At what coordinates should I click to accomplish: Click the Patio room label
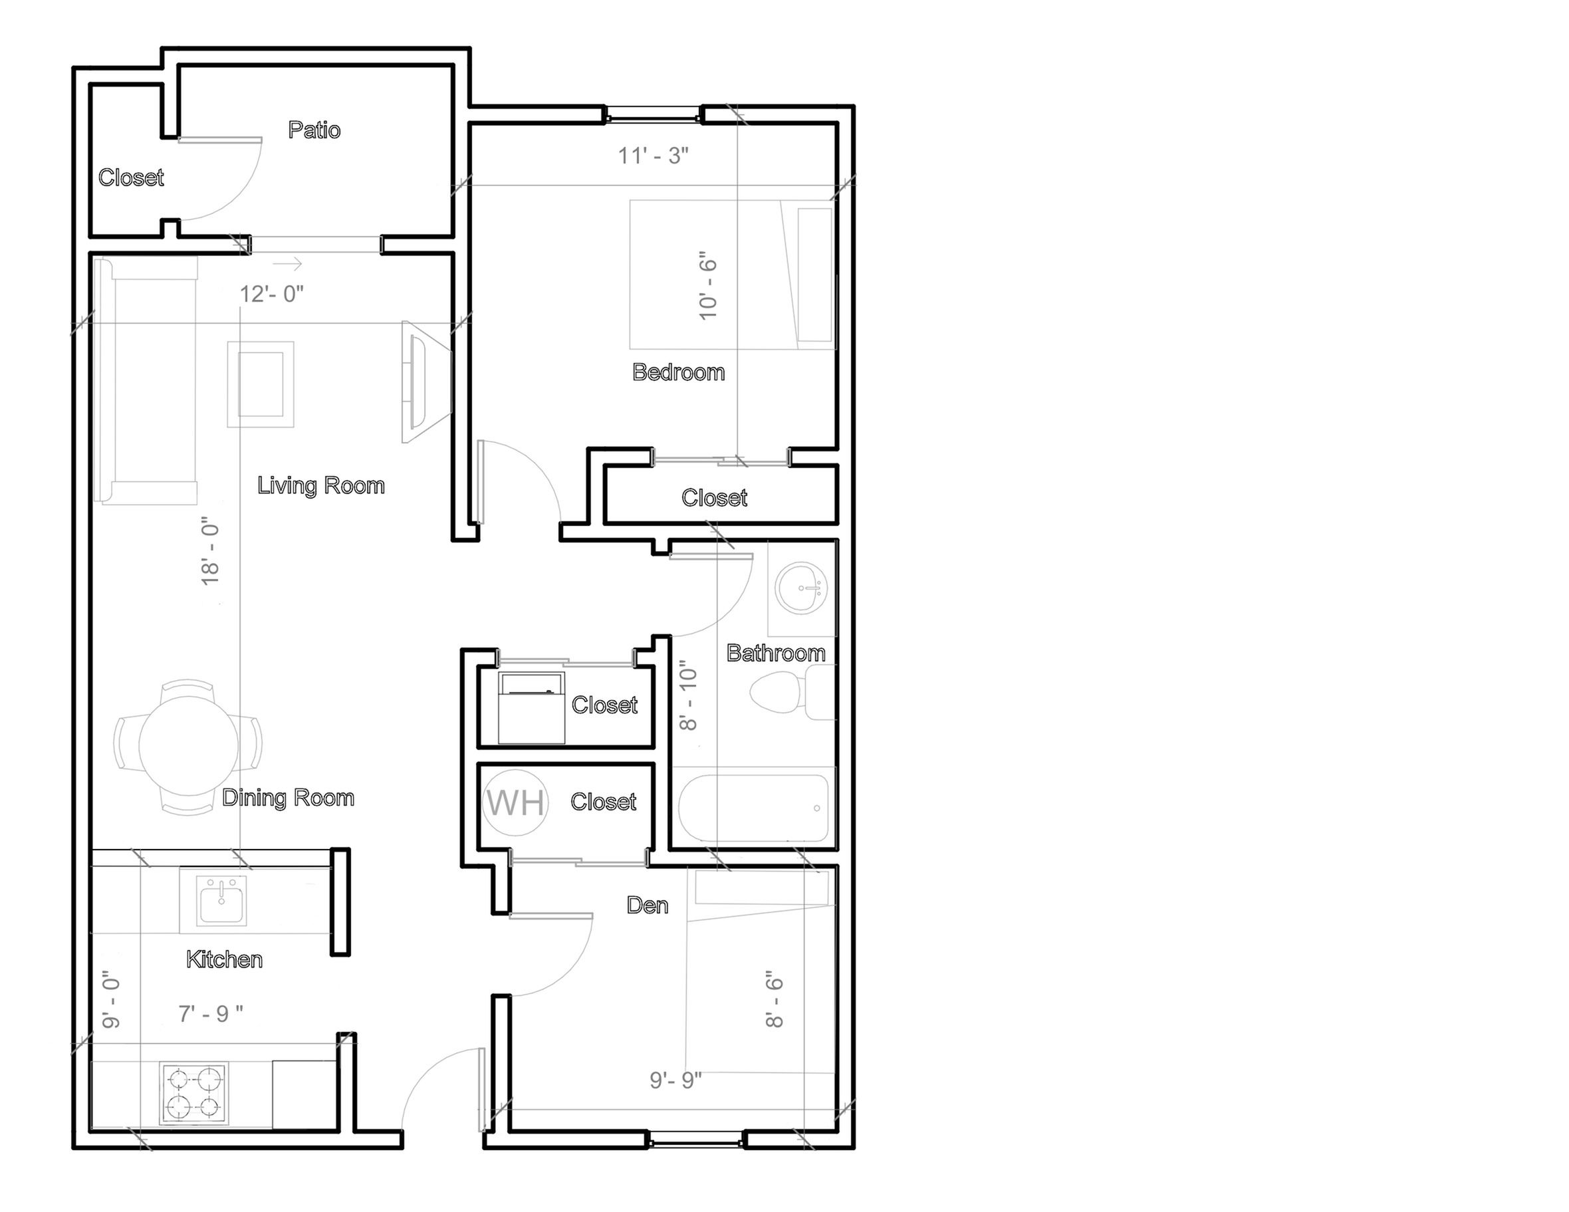pyautogui.click(x=314, y=130)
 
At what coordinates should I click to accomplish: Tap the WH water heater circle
pyautogui.click(x=515, y=802)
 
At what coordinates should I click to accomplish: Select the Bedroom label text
pyautogui.click(x=678, y=372)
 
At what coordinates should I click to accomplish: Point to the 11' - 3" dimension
pyautogui.click(x=654, y=155)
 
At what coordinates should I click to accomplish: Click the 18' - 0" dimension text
pyautogui.click(x=210, y=550)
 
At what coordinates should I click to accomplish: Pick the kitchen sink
pyautogui.click(x=222, y=901)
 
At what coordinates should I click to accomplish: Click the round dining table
pyautogui.click(x=188, y=747)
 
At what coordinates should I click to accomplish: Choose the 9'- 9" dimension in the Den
pyautogui.click(x=675, y=1080)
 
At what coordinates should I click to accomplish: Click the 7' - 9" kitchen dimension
pyautogui.click(x=211, y=1014)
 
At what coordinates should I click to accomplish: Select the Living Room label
pyautogui.click(x=321, y=485)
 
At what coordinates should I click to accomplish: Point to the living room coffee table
pyautogui.click(x=261, y=384)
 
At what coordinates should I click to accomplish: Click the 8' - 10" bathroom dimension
pyautogui.click(x=688, y=696)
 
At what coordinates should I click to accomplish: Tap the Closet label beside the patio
pyautogui.click(x=131, y=178)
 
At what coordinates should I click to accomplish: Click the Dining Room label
pyautogui.click(x=288, y=798)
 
